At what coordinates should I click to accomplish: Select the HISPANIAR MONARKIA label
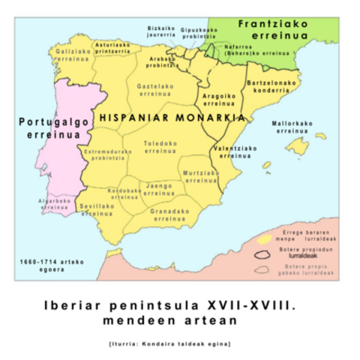tap(171, 118)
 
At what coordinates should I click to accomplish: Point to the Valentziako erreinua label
tap(235, 153)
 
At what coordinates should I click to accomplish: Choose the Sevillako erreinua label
tap(97, 210)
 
